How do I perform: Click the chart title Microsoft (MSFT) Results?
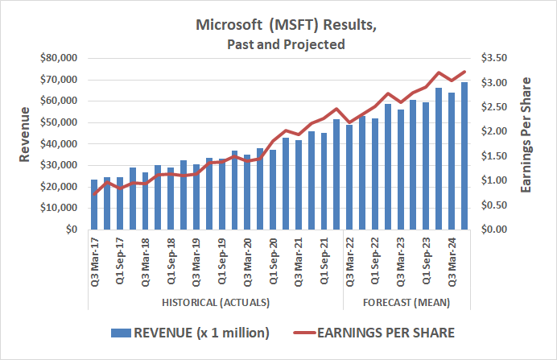[x=287, y=25]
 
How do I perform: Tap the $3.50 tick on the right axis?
[x=497, y=58]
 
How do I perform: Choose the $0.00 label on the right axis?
[x=497, y=230]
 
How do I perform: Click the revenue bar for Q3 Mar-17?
[x=94, y=205]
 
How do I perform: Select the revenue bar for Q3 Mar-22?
[x=351, y=177]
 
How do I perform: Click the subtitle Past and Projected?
[x=287, y=45]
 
